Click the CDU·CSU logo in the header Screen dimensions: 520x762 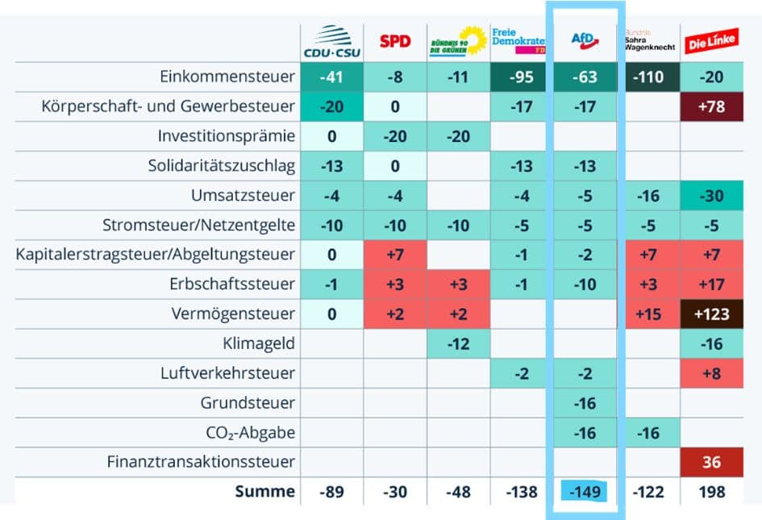click(331, 43)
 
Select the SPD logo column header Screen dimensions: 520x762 click(395, 40)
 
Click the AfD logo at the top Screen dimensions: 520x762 click(585, 40)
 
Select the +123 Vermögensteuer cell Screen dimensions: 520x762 click(711, 314)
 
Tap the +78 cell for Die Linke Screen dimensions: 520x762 click(711, 107)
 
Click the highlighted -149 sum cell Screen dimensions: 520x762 click(585, 491)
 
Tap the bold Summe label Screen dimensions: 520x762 click(265, 491)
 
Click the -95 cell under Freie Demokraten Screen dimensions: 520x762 click(522, 77)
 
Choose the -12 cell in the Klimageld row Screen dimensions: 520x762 click(458, 343)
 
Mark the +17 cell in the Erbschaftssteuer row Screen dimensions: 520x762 click(711, 284)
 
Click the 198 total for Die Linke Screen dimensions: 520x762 click(711, 491)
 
